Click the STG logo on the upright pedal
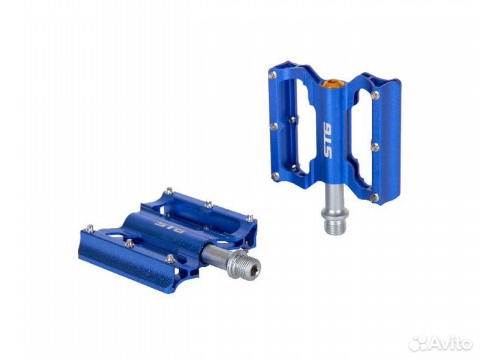click(327, 140)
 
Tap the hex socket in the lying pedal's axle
click(255, 269)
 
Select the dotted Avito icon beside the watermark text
click(419, 343)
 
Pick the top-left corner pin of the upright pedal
click(273, 75)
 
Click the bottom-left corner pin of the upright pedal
click(275, 176)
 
